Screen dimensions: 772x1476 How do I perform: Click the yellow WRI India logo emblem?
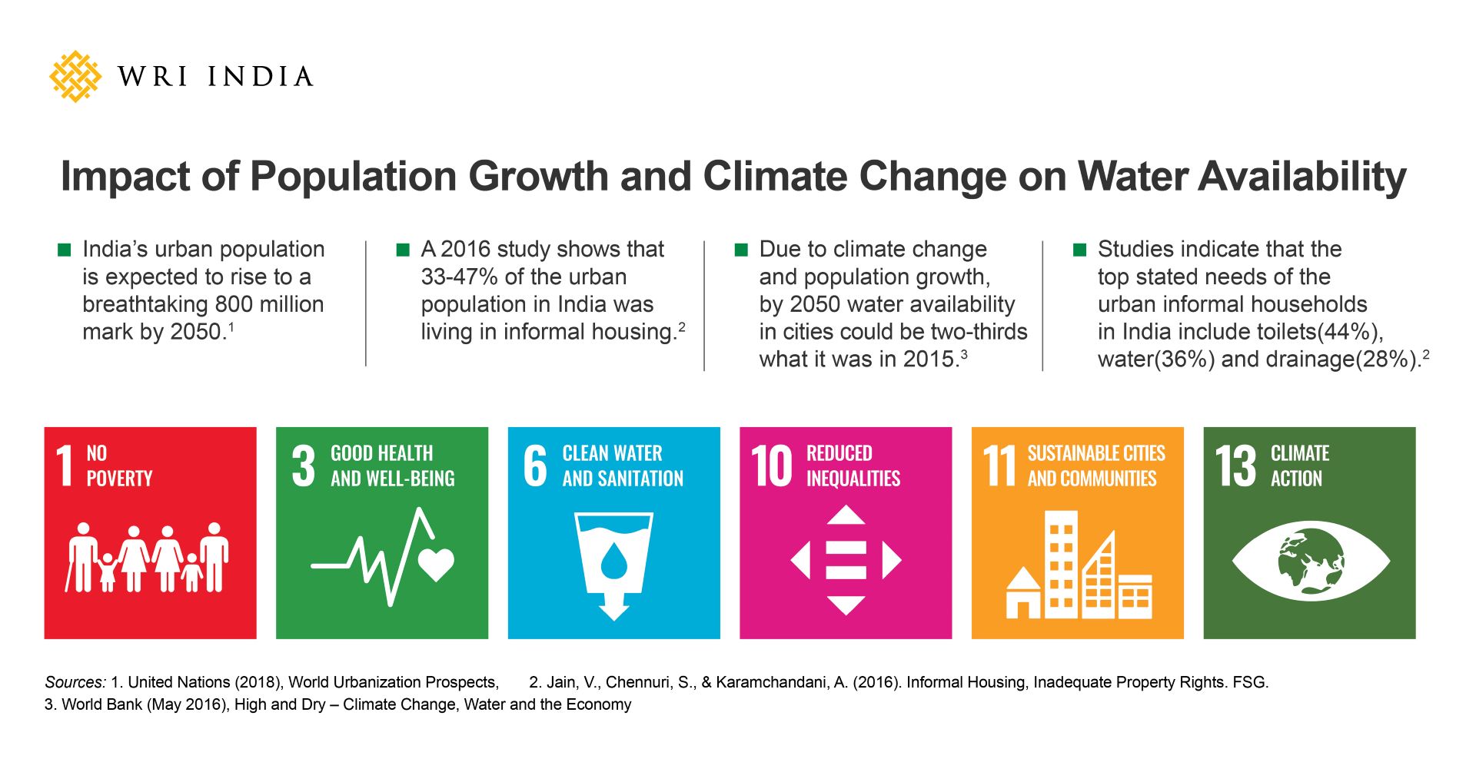coord(75,76)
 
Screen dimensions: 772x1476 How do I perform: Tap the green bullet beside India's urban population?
coord(65,250)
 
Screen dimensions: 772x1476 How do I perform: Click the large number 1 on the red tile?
coord(65,466)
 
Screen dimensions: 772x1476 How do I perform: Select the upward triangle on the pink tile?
coord(846,515)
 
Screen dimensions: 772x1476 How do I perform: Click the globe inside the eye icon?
coord(1311,562)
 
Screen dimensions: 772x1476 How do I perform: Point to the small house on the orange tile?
coord(1023,594)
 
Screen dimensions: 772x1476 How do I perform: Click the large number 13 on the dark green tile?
coord(1235,466)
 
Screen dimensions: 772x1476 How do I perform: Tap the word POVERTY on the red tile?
coord(119,479)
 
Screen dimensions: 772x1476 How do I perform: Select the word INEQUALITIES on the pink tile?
coord(853,479)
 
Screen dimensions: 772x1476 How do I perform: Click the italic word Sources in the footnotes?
coord(75,682)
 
